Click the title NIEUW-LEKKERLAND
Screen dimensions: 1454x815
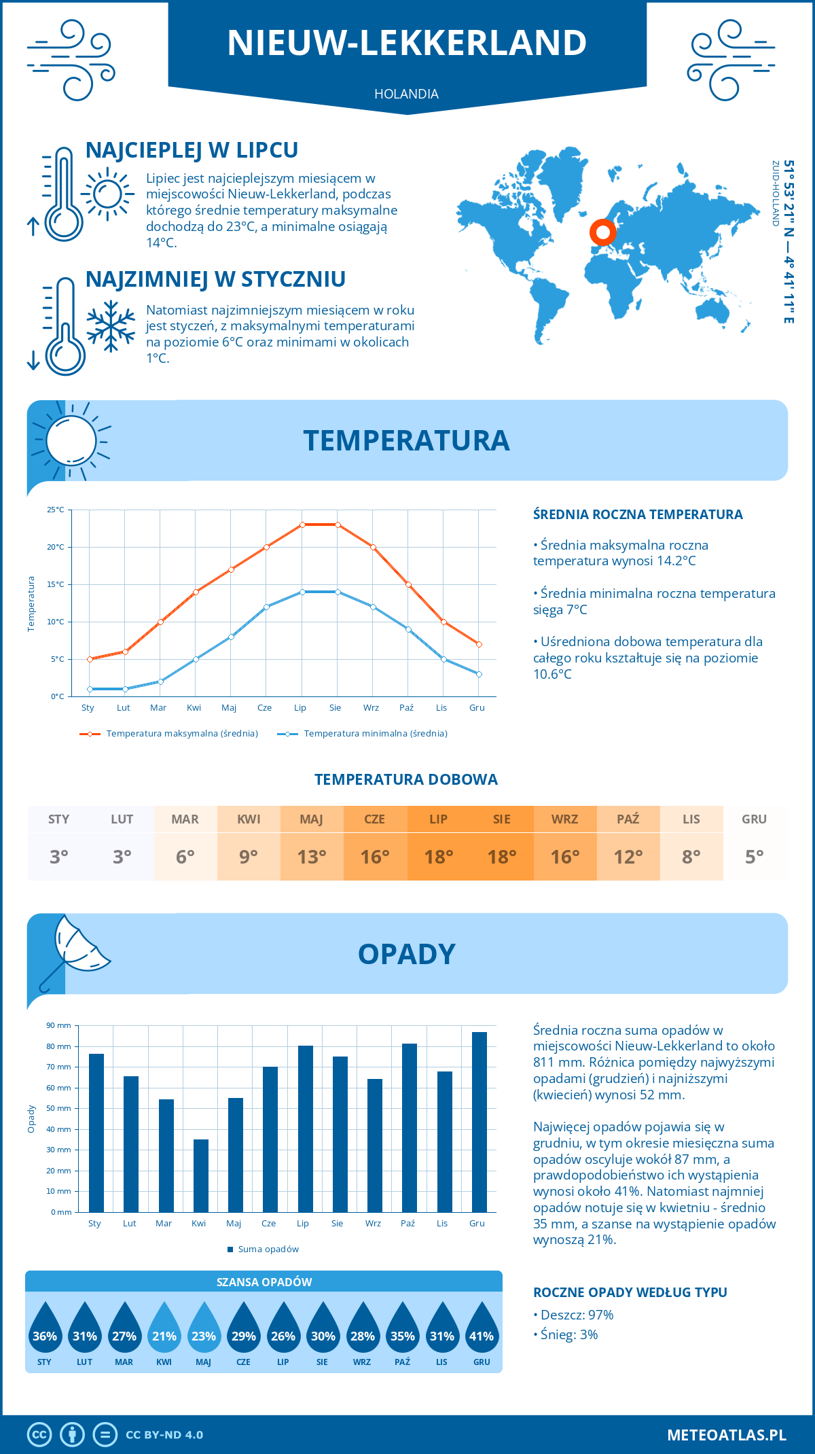click(407, 42)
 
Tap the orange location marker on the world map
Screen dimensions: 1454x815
click(602, 232)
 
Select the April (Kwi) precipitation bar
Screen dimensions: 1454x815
click(201, 1175)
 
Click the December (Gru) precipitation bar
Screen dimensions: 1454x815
click(479, 1122)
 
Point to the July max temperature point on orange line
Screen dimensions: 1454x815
click(302, 525)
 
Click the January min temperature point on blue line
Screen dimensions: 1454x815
click(90, 689)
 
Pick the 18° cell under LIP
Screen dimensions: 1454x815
click(438, 857)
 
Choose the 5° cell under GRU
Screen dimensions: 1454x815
click(754, 857)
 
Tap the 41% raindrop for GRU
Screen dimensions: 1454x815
click(482, 1331)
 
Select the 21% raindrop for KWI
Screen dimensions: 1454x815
click(164, 1331)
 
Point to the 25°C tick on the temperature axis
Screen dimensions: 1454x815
click(56, 510)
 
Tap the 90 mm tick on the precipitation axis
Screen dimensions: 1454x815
click(59, 1025)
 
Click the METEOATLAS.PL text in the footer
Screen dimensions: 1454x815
click(726, 1434)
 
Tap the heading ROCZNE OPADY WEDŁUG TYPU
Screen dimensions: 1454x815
click(630, 1292)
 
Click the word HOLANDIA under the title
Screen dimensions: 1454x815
click(406, 94)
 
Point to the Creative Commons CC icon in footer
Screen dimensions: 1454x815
click(39, 1434)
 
